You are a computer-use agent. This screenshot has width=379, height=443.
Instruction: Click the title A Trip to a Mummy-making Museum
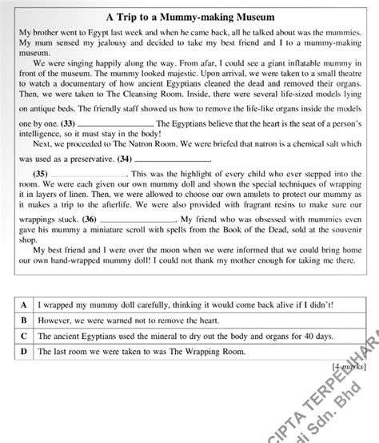point(189,16)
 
